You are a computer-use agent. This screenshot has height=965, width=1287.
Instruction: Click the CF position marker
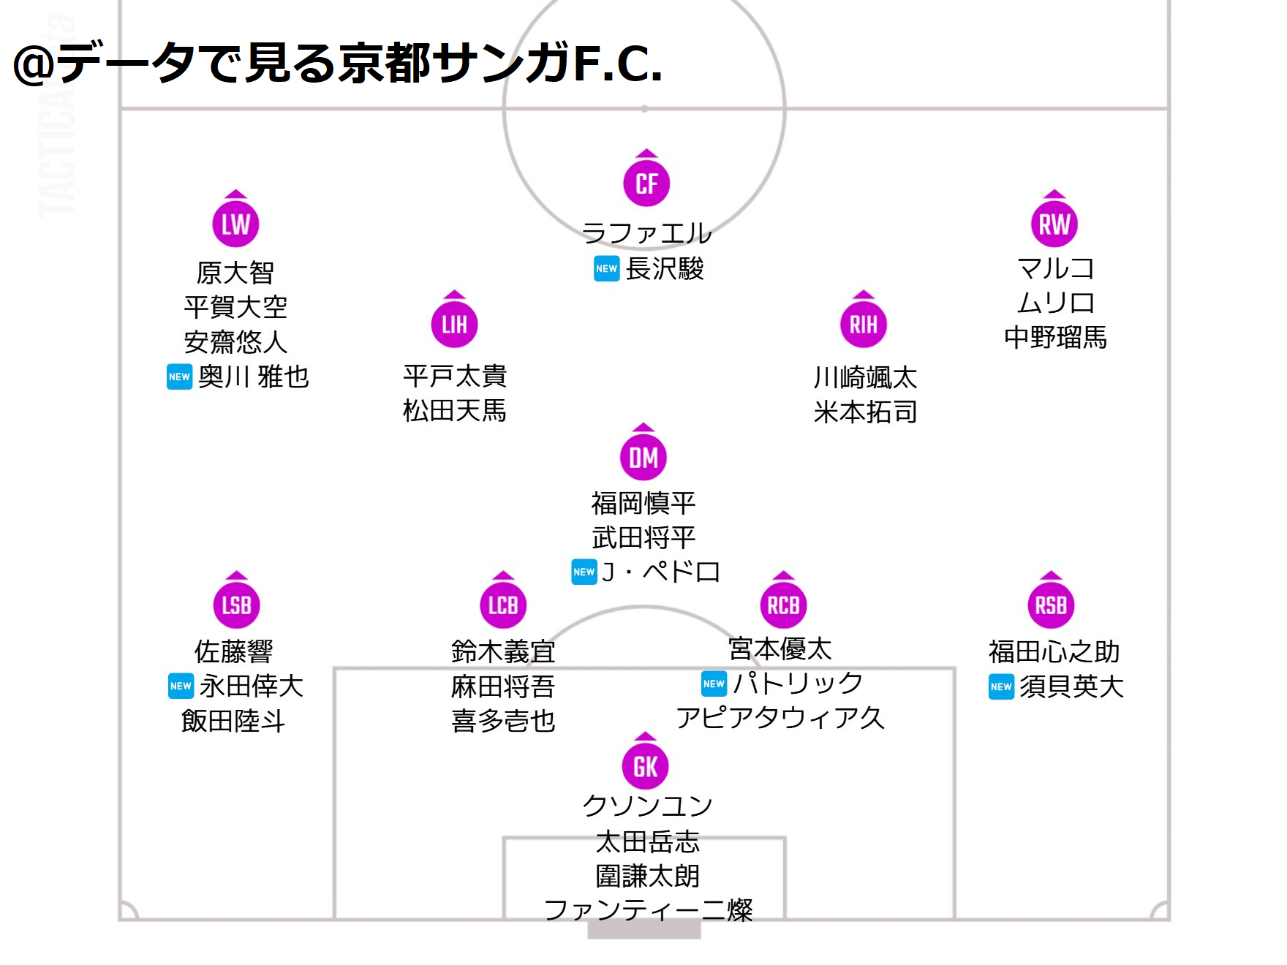pos(646,183)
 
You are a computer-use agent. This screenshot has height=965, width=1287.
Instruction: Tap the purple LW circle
pos(235,224)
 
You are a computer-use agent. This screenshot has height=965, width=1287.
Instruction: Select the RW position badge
pos(1054,224)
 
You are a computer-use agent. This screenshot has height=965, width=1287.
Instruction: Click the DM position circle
pos(643,458)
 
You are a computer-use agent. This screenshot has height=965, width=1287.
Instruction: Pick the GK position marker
pos(645,766)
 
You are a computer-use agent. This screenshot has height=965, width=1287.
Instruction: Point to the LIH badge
pos(454,325)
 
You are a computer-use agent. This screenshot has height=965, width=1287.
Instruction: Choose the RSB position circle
pos(1050,605)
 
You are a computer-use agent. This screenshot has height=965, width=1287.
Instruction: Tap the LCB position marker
pos(503,605)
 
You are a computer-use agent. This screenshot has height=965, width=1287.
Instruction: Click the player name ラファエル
pos(646,233)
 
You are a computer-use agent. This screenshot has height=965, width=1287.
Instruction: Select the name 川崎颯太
pos(865,377)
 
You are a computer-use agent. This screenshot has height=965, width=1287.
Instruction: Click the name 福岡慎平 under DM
pos(643,503)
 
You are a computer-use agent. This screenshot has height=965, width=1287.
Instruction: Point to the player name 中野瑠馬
pos(1055,337)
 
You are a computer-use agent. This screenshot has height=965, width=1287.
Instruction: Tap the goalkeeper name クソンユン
pos(647,805)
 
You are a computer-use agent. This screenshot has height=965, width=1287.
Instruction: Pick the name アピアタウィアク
pos(780,718)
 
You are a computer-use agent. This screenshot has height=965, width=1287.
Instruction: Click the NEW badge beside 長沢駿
pos(606,268)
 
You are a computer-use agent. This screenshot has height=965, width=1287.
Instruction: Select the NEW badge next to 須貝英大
pos(1001,686)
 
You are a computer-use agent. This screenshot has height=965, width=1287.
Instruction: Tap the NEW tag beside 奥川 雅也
pos(179,376)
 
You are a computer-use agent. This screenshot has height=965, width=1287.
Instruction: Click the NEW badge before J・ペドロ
pos(584,572)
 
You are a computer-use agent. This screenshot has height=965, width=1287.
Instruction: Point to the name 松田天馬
pos(454,411)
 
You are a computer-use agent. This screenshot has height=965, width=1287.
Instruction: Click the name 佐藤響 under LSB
pos(234,651)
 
